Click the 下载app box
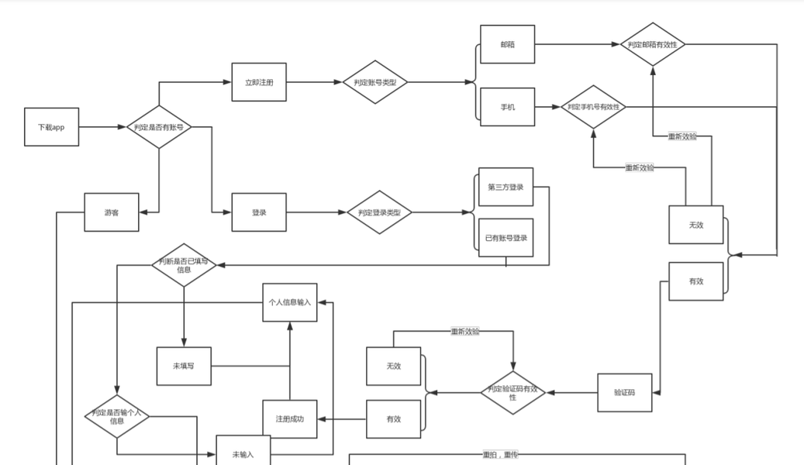coord(52,127)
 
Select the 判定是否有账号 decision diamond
coord(159,127)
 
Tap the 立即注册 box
coord(259,82)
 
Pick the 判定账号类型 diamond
coord(375,82)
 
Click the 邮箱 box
coord(507,44)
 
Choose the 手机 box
coord(507,106)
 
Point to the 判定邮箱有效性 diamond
coord(653,44)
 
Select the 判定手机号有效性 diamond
coord(593,107)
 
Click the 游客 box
coord(112,212)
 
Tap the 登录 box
coord(259,212)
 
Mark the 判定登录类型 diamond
coord(379,212)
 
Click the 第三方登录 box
coord(506,187)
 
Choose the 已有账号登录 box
coord(506,238)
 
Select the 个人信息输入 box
coord(290,302)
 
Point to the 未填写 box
coord(184,366)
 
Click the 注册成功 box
coord(290,419)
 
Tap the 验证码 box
coord(624,393)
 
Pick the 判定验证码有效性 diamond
coord(512,393)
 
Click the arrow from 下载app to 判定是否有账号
coord(102,127)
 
